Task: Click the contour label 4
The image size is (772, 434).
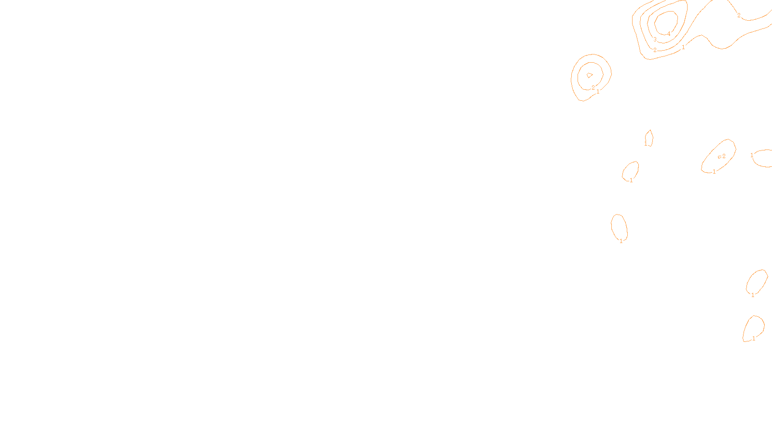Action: pyautogui.click(x=669, y=34)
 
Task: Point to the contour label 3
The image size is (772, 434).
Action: pyautogui.click(x=655, y=40)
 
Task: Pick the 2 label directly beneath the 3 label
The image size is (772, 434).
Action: pyautogui.click(x=655, y=50)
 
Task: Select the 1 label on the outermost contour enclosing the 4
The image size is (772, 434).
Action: pyautogui.click(x=683, y=47)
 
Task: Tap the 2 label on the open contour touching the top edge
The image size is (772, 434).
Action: pyautogui.click(x=739, y=15)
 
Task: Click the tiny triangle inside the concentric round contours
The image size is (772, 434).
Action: pyautogui.click(x=590, y=75)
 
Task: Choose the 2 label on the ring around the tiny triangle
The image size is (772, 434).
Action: pyautogui.click(x=593, y=88)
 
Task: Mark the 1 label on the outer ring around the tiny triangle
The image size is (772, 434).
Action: pyautogui.click(x=598, y=92)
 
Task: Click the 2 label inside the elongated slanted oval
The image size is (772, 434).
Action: pyautogui.click(x=724, y=156)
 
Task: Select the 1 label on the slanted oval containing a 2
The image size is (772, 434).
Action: pyautogui.click(x=714, y=172)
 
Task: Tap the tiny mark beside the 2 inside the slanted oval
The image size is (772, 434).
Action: pyautogui.click(x=719, y=157)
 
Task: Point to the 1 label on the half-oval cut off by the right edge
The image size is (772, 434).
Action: pyautogui.click(x=752, y=155)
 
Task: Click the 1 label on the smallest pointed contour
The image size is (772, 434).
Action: pyautogui.click(x=646, y=143)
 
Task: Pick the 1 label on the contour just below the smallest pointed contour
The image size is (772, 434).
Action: pyautogui.click(x=631, y=180)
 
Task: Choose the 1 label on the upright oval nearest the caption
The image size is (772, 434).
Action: pyautogui.click(x=621, y=241)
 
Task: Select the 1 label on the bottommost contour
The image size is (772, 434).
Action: pyautogui.click(x=754, y=339)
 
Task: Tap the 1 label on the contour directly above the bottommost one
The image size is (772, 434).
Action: pyautogui.click(x=753, y=295)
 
